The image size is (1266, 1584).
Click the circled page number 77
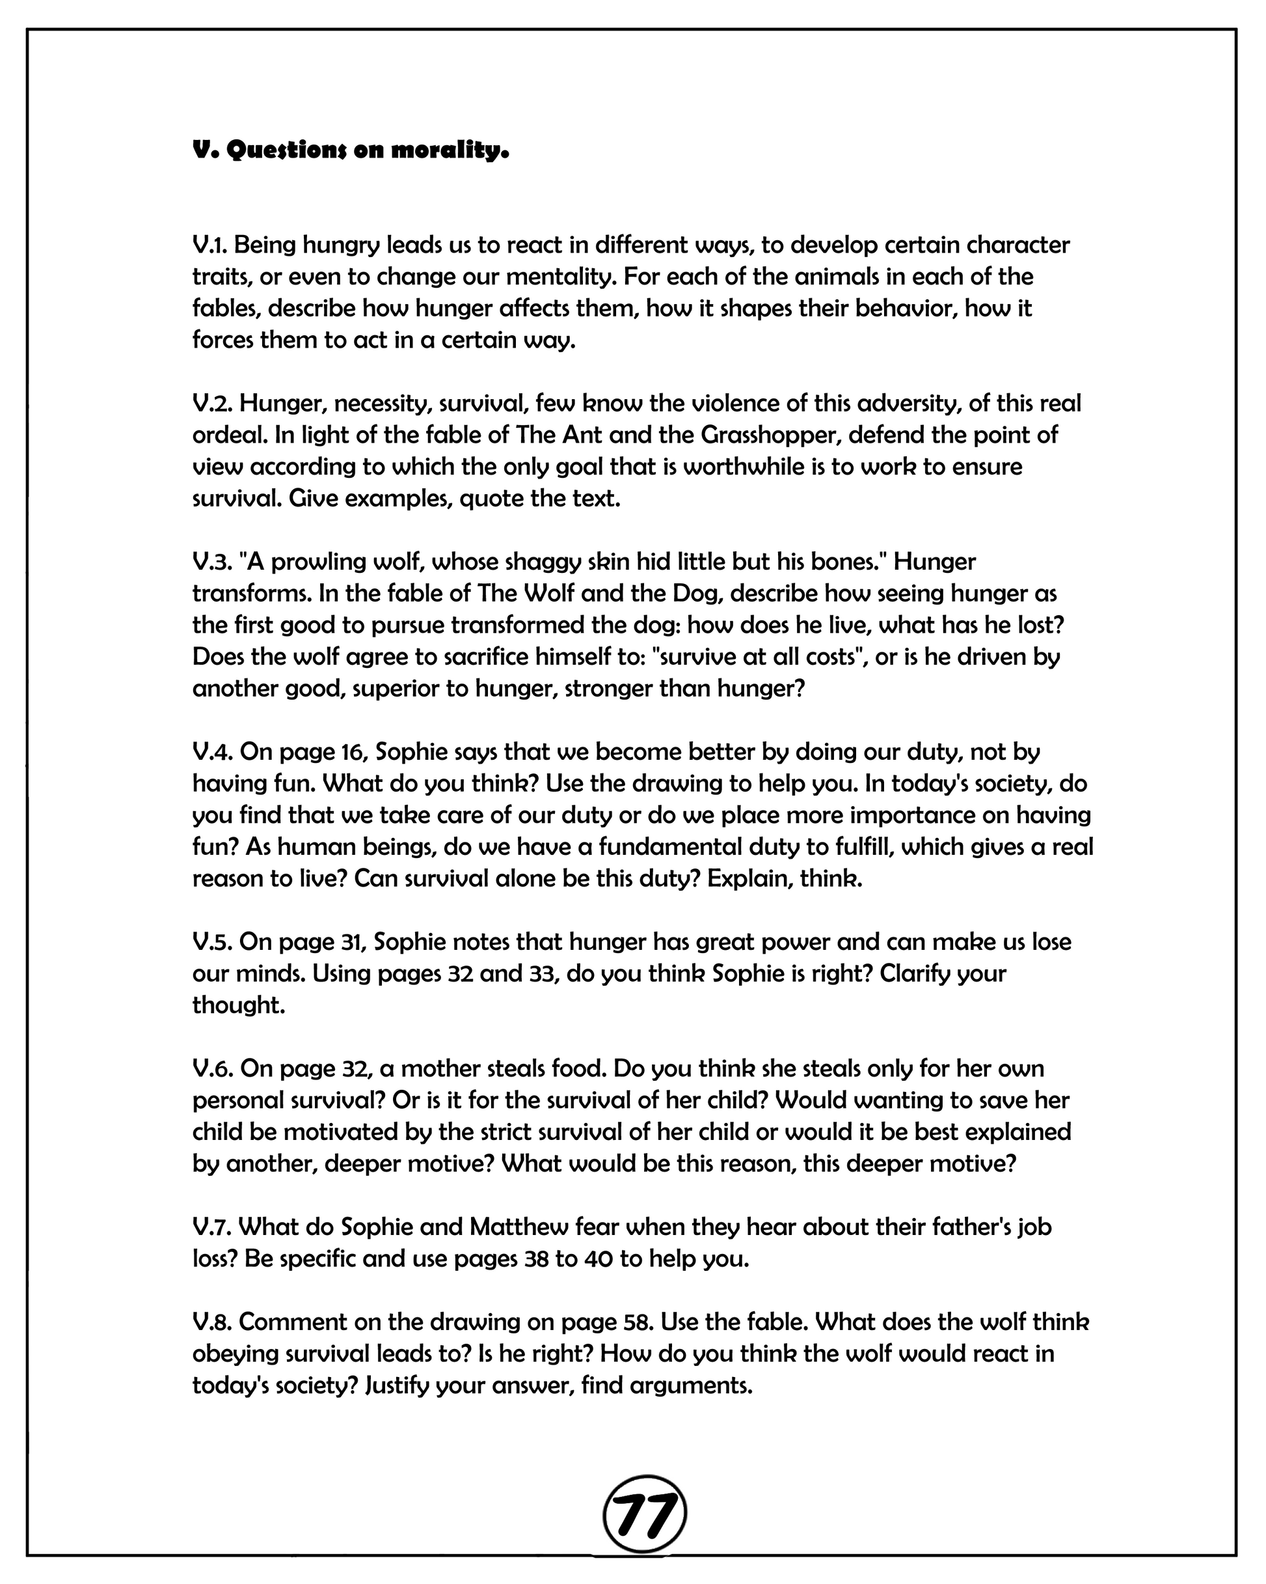[644, 1514]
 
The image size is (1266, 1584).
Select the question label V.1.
[210, 245]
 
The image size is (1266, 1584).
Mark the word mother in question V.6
[450, 1068]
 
